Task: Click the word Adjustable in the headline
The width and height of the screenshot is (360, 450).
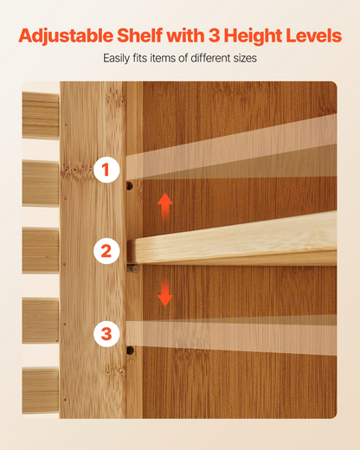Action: [66, 36]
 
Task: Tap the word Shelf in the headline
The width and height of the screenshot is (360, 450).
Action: [140, 35]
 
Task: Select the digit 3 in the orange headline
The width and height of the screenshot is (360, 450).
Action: [214, 35]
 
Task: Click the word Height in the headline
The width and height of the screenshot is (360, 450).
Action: [253, 36]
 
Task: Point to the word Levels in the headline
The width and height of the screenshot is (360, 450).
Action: [314, 35]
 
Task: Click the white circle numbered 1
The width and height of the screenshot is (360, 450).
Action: [106, 170]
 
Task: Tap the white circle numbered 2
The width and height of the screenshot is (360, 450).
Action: [106, 251]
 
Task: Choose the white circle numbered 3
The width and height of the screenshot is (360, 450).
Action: [106, 334]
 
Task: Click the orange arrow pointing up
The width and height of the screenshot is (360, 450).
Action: [165, 207]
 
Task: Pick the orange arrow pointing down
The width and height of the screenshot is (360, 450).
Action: [165, 292]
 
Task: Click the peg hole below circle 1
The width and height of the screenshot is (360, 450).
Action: [130, 186]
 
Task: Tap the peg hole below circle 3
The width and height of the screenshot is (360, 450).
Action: [130, 350]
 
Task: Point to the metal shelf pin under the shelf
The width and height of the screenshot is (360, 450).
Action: [133, 269]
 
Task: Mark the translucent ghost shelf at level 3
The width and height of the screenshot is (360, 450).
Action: [232, 335]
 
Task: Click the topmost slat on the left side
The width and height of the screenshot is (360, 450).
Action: [41, 115]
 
